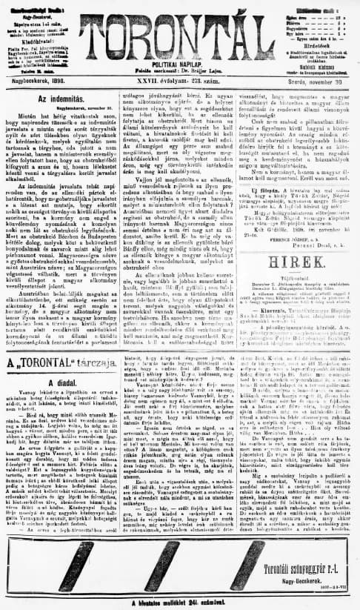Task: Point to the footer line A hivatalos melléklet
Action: (179, 603)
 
